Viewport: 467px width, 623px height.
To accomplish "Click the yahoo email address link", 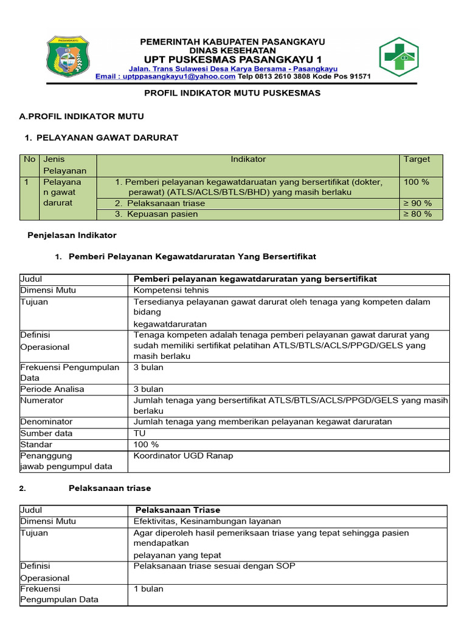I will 165,77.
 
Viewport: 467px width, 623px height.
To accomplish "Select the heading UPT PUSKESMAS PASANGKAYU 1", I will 232,60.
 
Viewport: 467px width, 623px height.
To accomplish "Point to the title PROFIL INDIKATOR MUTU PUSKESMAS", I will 232,93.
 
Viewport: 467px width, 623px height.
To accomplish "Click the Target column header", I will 417,159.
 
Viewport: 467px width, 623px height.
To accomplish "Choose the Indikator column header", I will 248,159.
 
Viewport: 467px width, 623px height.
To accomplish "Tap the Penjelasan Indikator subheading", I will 72,235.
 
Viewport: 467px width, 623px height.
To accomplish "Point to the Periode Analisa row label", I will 52,389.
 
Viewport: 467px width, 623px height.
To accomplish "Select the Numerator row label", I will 42,400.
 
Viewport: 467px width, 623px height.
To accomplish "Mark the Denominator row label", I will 46,422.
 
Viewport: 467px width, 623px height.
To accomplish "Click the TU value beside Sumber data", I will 140,433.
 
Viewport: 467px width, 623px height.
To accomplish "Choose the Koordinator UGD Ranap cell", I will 183,456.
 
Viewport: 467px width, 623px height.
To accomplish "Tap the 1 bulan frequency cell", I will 148,589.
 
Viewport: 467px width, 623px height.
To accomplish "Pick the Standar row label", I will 36,444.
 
